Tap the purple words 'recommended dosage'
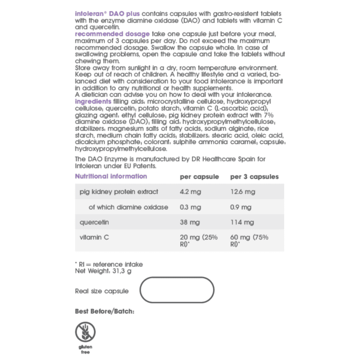pos(112,34)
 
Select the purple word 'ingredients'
pos(93,101)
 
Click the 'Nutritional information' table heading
pos(111,177)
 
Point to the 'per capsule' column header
pos(199,177)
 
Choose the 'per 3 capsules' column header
pos(255,177)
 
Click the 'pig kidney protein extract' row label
pos(119,192)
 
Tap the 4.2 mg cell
pos(191,192)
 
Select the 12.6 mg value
pos(243,192)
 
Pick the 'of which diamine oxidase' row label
pos(128,207)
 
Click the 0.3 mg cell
pos(190,207)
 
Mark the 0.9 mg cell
pos(240,207)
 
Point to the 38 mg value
pos(189,222)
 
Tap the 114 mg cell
pos(242,222)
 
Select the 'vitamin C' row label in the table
pos(94,238)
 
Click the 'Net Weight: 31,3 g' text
pos(103,271)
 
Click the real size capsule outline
pos(177,291)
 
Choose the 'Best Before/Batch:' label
pos(105,311)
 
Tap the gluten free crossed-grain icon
pos(85,332)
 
